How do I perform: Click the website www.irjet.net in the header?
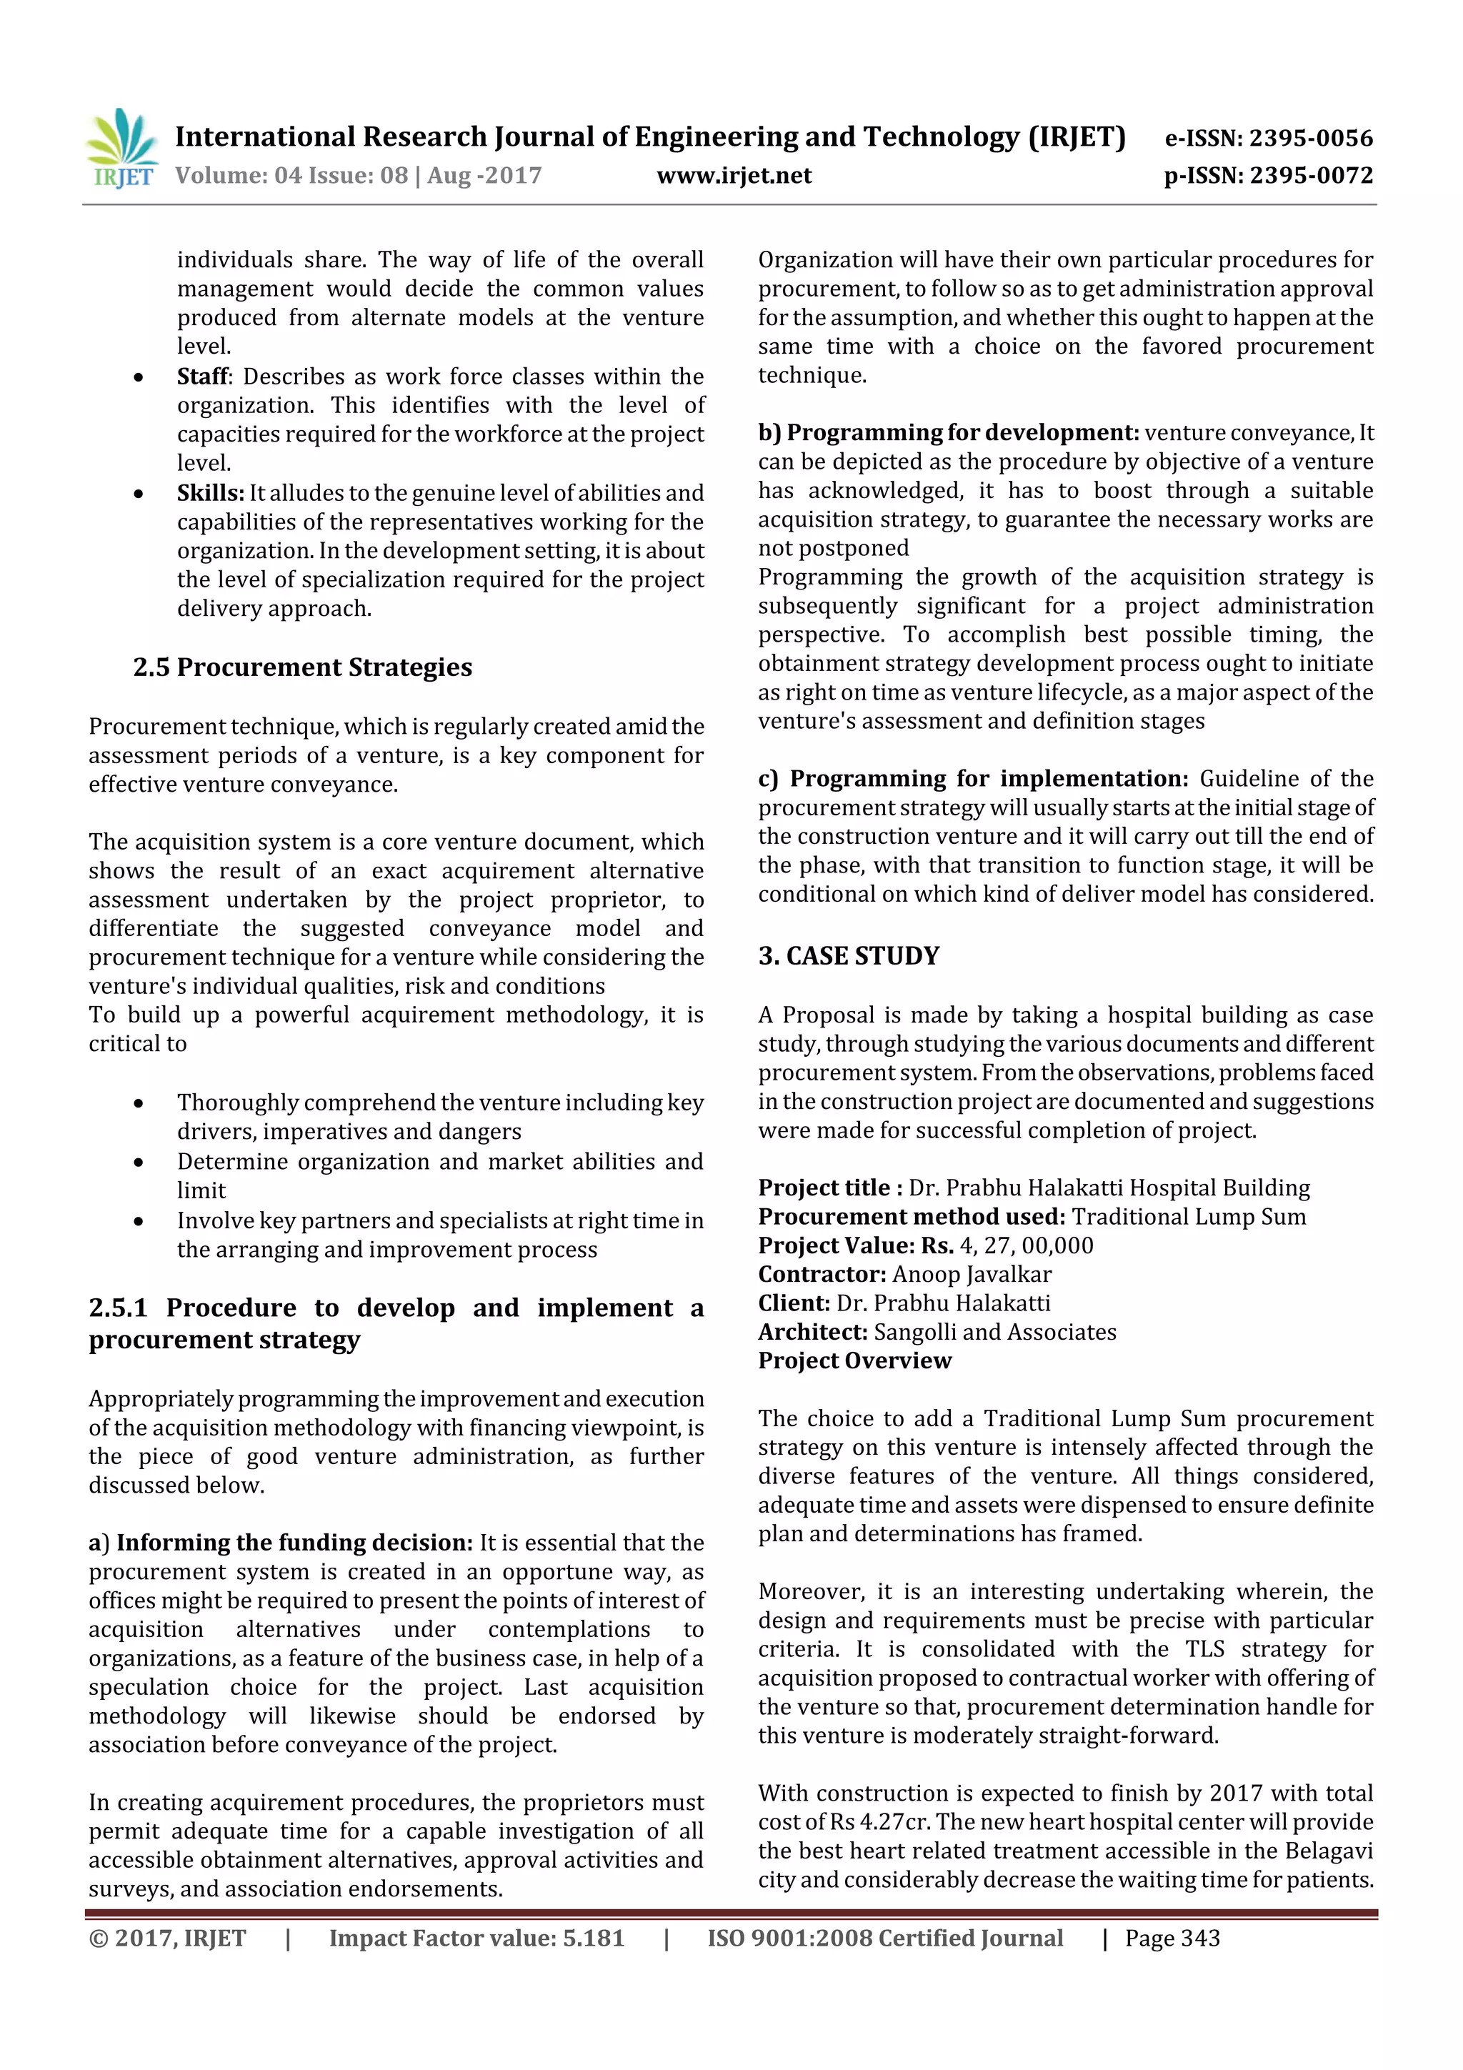tap(734, 176)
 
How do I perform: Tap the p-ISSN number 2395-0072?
tap(1312, 176)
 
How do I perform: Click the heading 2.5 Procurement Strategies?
tap(302, 667)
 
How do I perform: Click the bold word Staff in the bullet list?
tap(204, 376)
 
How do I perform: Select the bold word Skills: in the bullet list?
tap(210, 493)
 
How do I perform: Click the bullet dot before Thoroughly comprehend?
tap(138, 1103)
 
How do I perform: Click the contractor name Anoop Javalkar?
tap(971, 1274)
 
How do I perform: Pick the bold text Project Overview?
tap(854, 1360)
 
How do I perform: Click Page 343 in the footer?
tap(1172, 1939)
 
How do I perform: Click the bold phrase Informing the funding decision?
tap(294, 1543)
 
